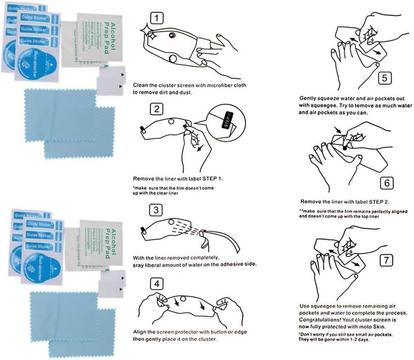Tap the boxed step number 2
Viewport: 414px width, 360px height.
click(x=156, y=110)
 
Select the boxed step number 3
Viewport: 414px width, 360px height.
click(x=156, y=210)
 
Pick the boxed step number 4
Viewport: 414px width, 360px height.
click(x=157, y=283)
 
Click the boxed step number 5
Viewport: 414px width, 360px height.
click(x=383, y=79)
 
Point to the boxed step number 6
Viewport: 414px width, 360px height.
click(x=383, y=183)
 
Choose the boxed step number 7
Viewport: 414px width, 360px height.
click(x=383, y=260)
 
